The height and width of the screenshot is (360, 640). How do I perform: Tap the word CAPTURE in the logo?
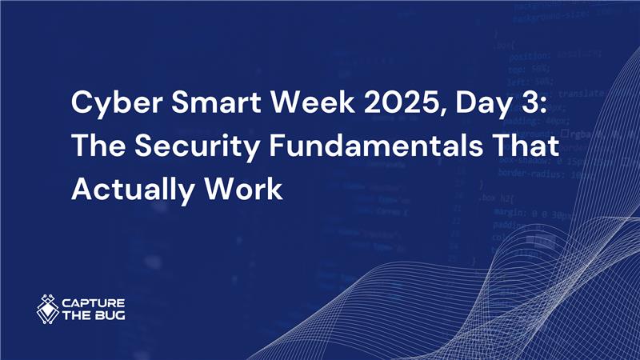[x=92, y=303]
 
